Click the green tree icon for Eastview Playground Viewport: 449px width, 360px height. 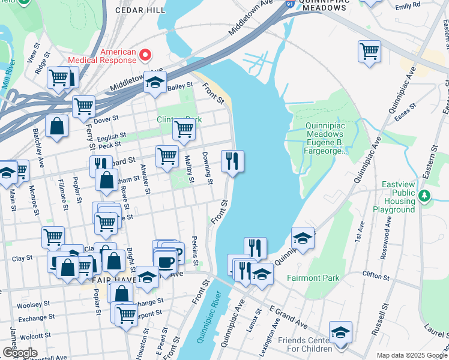pyautogui.click(x=424, y=195)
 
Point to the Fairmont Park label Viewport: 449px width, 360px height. pyautogui.click(x=313, y=278)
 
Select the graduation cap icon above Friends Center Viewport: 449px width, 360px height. pyautogui.click(x=340, y=332)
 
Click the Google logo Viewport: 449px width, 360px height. pyautogui.click(x=19, y=353)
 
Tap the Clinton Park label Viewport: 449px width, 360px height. pyautogui.click(x=179, y=119)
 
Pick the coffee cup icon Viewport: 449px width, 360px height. pyautogui.click(x=165, y=260)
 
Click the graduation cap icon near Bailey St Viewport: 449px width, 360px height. pyautogui.click(x=155, y=83)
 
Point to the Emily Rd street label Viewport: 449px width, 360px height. pyautogui.click(x=408, y=6)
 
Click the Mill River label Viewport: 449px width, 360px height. pyautogui.click(x=8, y=75)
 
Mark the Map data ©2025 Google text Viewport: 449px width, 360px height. pyautogui.click(x=411, y=355)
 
